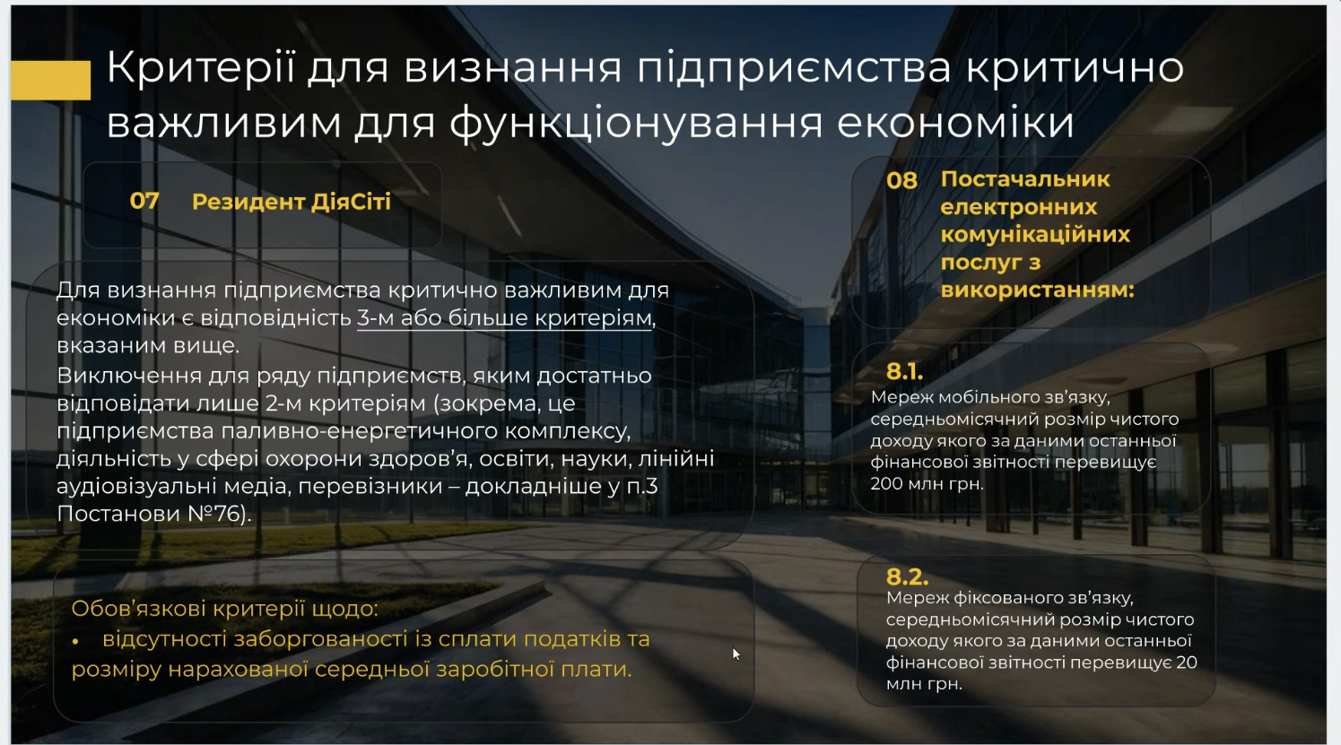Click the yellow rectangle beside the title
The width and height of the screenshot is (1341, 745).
[51, 80]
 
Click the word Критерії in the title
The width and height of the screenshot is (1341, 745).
[201, 67]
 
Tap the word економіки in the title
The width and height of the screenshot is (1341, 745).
[955, 122]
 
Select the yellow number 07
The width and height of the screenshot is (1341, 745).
[144, 201]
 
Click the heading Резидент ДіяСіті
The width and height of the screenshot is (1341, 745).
[291, 202]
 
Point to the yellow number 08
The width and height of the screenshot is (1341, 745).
[901, 180]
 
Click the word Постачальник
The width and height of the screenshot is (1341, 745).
[1025, 179]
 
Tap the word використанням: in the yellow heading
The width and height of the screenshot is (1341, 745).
[1038, 290]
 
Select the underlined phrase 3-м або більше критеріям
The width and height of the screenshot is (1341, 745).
[504, 317]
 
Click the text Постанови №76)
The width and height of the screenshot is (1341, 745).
[154, 514]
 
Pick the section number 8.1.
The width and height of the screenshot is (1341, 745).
[904, 371]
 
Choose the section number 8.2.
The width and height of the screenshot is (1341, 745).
[907, 576]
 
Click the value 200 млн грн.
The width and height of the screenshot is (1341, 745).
[927, 483]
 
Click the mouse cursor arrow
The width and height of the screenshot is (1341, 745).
[736, 654]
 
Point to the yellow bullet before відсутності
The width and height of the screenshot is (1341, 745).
[75, 641]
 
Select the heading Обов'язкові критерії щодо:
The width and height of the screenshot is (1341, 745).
[224, 609]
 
